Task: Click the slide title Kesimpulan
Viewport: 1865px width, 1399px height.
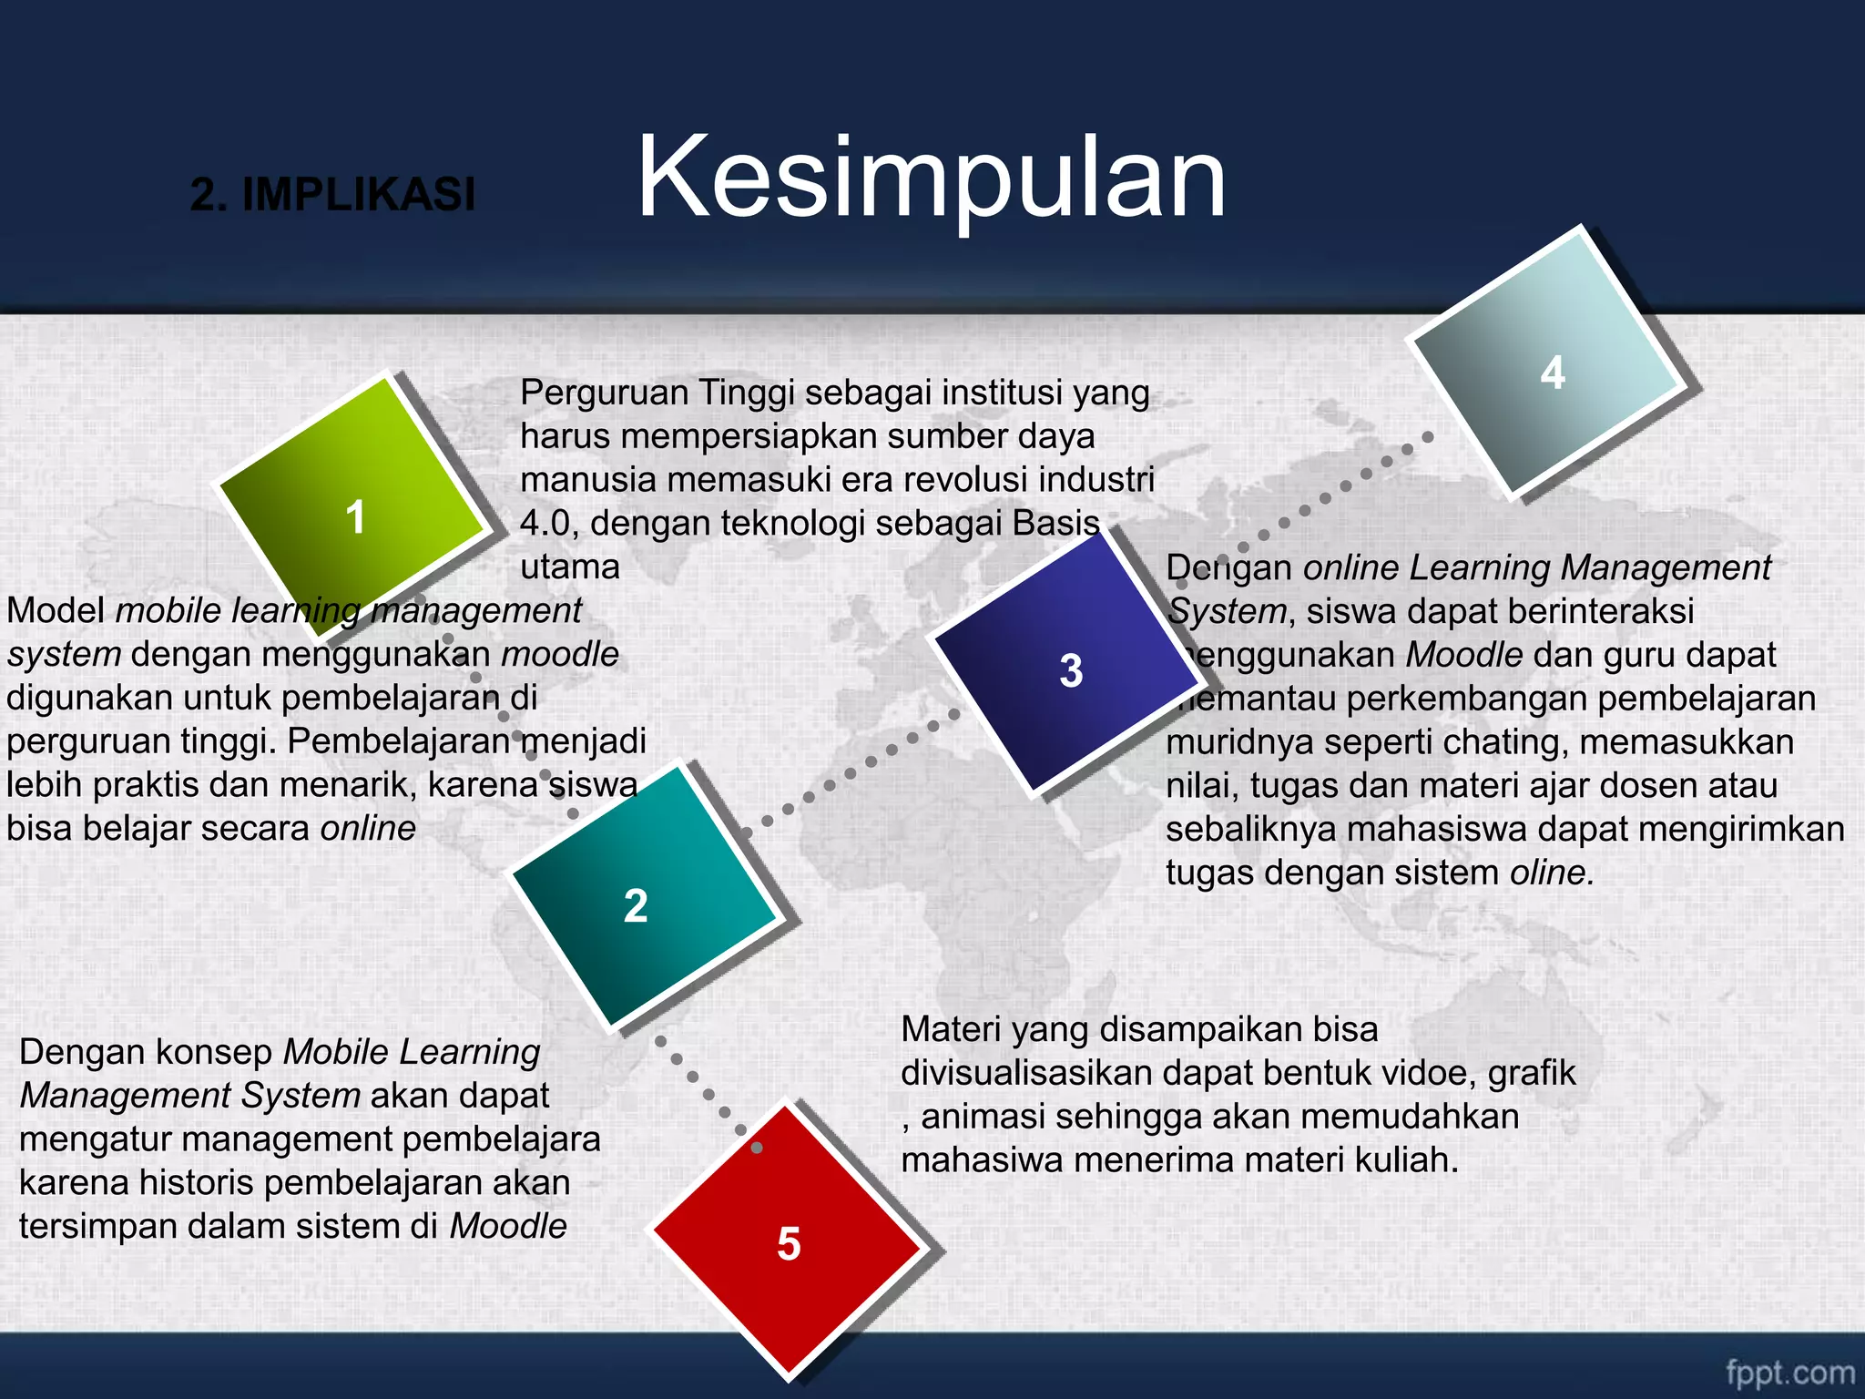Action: (931, 178)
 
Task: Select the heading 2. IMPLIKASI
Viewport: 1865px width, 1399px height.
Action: (332, 194)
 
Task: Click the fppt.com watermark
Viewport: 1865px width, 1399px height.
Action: (1789, 1372)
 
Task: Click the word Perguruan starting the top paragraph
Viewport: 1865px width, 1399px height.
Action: (604, 393)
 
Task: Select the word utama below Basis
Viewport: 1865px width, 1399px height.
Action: (569, 567)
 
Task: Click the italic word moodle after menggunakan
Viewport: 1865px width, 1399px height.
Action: (560, 654)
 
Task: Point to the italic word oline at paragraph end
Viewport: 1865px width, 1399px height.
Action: (1551, 873)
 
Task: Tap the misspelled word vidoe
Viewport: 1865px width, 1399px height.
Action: (1428, 1073)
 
